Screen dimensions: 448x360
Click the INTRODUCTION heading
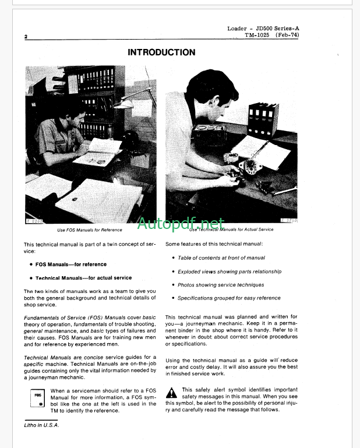coord(161,52)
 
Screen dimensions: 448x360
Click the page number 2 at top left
coord(26,37)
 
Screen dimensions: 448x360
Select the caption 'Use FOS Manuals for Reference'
coord(89,230)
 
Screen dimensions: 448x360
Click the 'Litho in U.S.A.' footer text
coord(41,425)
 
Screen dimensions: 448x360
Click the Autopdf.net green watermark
coord(181,223)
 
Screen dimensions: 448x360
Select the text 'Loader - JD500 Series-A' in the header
coord(266,28)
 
